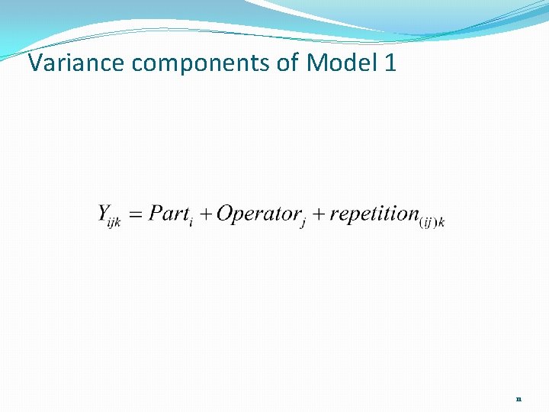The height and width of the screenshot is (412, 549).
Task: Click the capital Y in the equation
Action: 105,214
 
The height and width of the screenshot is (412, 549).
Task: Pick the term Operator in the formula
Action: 258,214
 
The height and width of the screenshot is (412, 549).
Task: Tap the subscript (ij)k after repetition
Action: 432,222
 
